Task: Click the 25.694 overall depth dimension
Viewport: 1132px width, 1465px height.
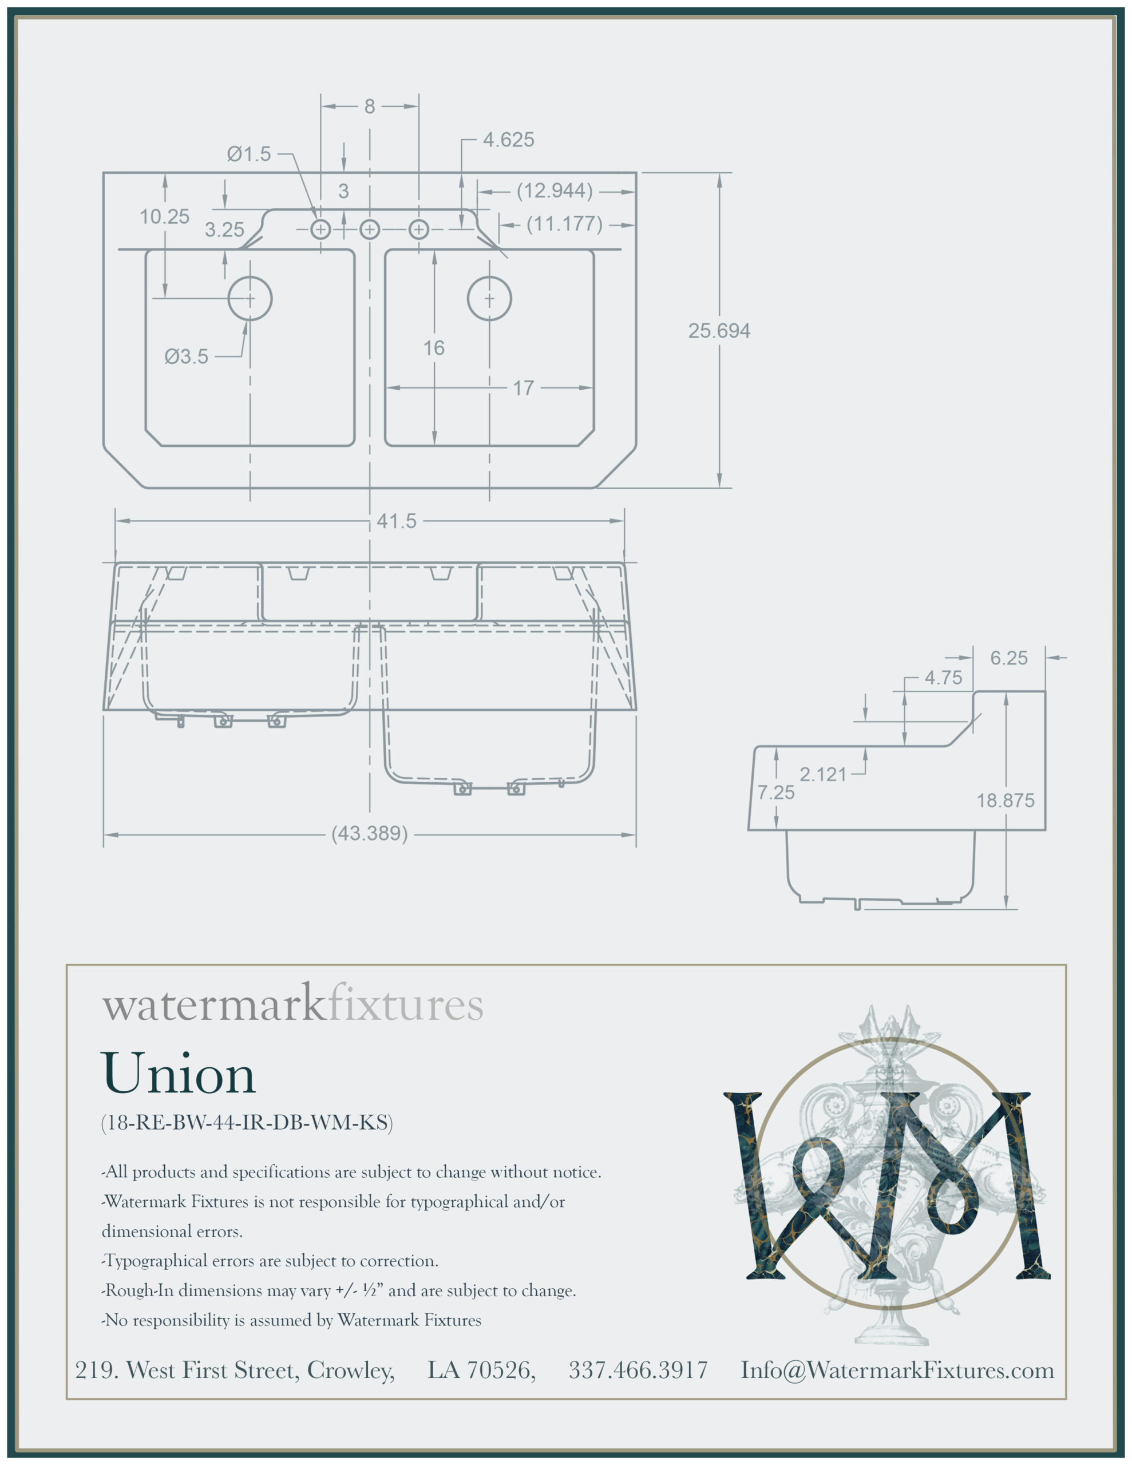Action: pos(719,331)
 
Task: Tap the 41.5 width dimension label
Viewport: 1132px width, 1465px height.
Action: pos(396,521)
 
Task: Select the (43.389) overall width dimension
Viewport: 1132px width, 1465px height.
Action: pos(370,834)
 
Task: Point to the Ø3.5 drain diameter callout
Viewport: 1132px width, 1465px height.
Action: pos(187,356)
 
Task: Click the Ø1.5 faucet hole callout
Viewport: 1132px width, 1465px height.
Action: pos(248,155)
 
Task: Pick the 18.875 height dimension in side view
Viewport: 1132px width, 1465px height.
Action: pos(1004,800)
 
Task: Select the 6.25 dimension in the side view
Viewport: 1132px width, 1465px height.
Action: pos(1008,658)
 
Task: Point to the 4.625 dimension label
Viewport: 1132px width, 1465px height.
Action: pos(509,140)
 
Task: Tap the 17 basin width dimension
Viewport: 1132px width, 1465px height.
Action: pos(524,388)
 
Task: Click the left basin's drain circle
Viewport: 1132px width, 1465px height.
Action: pos(250,299)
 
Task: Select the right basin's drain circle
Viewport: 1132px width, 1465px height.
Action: pos(489,299)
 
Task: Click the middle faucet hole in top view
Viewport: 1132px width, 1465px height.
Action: pos(370,230)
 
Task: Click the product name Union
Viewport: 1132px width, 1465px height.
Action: pos(178,1072)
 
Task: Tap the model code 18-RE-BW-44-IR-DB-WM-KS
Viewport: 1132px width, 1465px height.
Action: pos(247,1122)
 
